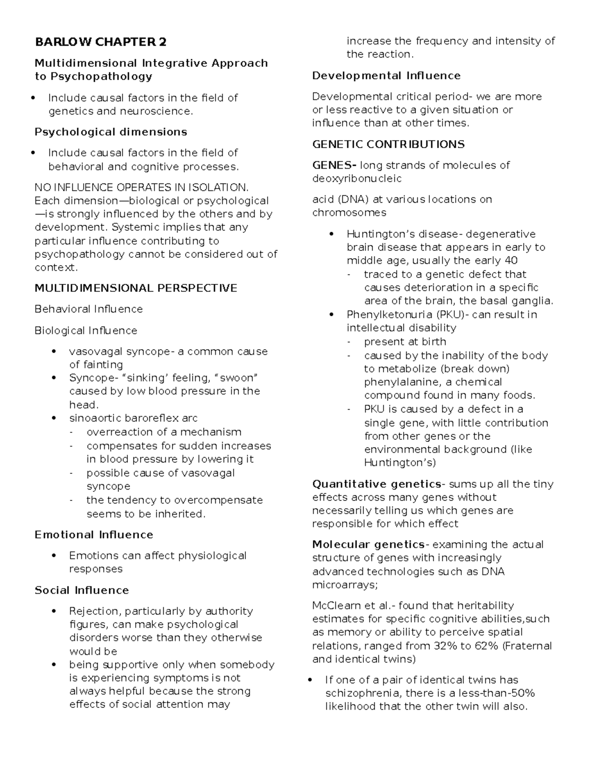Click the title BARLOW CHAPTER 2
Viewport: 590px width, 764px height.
(100, 42)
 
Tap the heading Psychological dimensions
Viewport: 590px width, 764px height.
(111, 132)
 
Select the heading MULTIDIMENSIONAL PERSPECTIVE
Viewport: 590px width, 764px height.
(136, 288)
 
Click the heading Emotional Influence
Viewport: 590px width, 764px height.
(93, 534)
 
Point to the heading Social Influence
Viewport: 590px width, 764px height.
(82, 590)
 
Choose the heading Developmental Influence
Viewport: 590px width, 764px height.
(386, 75)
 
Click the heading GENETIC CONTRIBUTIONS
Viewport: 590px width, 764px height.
(388, 144)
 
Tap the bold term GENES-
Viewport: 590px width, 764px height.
(334, 165)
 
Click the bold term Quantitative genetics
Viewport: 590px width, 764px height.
(377, 484)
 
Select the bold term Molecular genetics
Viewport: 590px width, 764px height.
(368, 544)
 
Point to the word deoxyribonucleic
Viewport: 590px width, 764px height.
(356, 178)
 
